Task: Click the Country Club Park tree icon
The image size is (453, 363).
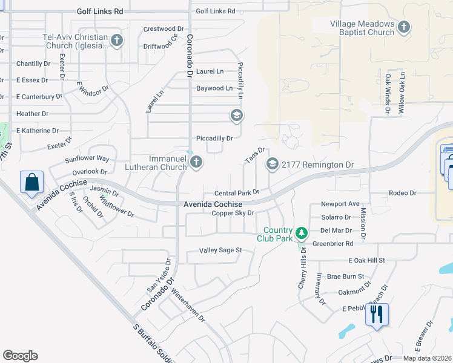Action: coord(302,232)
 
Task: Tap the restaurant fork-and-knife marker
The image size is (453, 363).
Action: coord(377,315)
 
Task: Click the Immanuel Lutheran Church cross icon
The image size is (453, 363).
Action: coord(196,162)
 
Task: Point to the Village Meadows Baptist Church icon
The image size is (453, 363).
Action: coord(404,27)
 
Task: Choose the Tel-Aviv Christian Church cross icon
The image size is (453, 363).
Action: coord(117,41)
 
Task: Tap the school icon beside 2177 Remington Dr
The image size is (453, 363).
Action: coord(273,164)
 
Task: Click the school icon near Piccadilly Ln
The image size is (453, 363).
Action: coord(236,115)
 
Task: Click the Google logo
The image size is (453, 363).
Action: coord(20,356)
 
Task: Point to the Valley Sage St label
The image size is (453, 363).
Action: coord(221,250)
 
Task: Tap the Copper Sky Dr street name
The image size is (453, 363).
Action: coord(232,213)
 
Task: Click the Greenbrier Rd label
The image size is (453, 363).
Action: coord(332,243)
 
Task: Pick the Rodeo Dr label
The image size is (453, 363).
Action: coord(403,193)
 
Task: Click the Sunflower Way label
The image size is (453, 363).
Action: coord(87,159)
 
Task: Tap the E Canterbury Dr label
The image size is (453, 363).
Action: coord(39,96)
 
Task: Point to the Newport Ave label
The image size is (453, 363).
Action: coord(340,204)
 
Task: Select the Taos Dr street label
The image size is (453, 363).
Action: coord(255,155)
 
